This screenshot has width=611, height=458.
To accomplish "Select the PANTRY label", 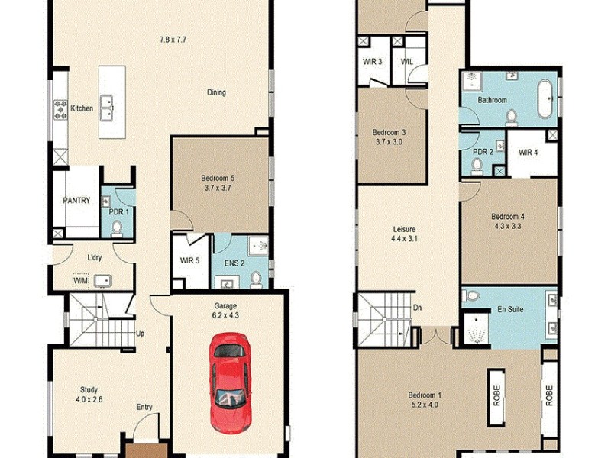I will pos(76,201).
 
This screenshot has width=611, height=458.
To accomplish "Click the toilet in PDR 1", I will pos(117,227).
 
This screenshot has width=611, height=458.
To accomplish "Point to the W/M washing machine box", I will pos(81,279).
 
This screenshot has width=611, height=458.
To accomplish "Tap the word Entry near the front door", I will pos(144,407).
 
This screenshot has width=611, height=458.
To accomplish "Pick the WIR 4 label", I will pos(529,152).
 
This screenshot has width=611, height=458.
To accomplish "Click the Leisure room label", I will pos(403,234).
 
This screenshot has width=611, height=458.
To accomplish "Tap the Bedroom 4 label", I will pos(507,221).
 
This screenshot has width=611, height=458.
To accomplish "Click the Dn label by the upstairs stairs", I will pos(416,308).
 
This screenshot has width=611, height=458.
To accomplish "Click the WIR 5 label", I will pos(189,260).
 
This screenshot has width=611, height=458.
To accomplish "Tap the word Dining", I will pos(216,93).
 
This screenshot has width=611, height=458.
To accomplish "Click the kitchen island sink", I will pos(112,102).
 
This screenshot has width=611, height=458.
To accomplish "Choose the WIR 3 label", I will pos(373,61).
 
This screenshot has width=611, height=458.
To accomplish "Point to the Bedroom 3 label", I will pos(389,137).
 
